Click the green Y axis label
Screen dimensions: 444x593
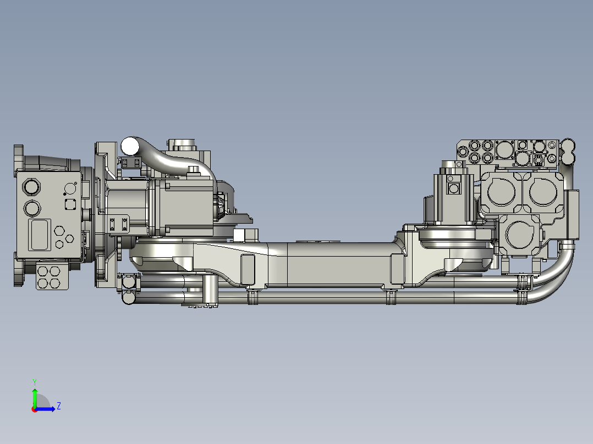[x=34, y=381]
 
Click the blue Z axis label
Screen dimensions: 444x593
[x=58, y=407]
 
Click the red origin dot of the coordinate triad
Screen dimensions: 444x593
[x=34, y=409]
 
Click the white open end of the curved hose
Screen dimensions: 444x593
[x=130, y=146]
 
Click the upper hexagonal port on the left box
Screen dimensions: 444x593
[x=32, y=187]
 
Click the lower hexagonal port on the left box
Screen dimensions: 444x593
[x=32, y=209]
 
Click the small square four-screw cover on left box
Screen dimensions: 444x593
[x=70, y=204]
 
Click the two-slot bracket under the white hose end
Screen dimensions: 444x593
[x=131, y=162]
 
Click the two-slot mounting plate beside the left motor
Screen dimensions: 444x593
[x=119, y=224]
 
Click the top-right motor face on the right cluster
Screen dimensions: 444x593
[x=542, y=193]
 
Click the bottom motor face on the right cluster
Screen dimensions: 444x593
[x=520, y=235]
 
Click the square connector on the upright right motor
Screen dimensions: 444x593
[x=454, y=189]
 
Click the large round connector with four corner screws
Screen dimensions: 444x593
[x=504, y=148]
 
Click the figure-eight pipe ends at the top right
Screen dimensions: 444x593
[x=567, y=152]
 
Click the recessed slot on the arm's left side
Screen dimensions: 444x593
[x=248, y=269]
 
